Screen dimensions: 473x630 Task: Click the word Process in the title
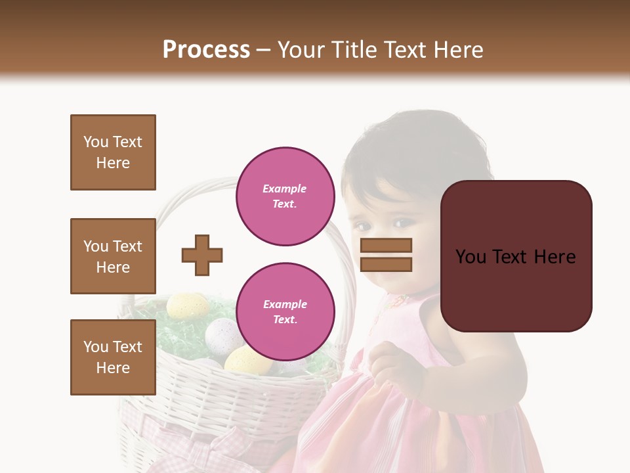point(206,50)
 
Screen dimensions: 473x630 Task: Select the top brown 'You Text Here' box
point(113,152)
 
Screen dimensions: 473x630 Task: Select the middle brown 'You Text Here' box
point(113,256)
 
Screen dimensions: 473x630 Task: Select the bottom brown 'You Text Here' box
point(113,357)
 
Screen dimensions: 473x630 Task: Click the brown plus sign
point(202,255)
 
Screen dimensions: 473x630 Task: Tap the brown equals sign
point(386,255)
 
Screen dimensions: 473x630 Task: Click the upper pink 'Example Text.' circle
point(285,196)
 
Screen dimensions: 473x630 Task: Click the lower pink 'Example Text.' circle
point(285,311)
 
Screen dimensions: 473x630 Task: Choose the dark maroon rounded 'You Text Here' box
point(516,256)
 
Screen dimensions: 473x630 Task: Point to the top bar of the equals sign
point(386,246)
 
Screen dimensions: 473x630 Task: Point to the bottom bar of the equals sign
point(386,264)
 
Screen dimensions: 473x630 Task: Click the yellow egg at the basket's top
point(187,305)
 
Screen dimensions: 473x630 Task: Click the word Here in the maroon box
point(555,257)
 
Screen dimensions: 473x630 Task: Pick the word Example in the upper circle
point(284,189)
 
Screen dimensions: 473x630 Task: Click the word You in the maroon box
point(471,257)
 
